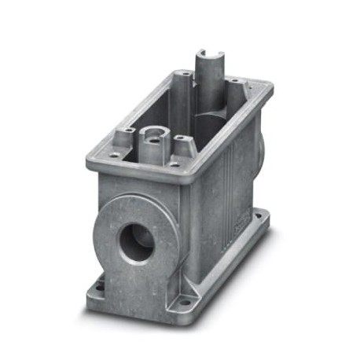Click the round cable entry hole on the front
click(138, 242)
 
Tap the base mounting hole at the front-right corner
click(186, 301)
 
